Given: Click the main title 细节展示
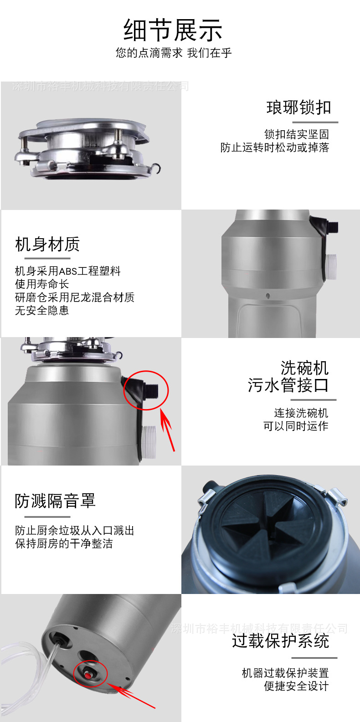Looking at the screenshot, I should pos(173,31).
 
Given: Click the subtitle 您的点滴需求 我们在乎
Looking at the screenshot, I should pos(173,53).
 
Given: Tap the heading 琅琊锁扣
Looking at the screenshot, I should pos(298,108).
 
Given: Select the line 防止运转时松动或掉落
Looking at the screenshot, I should pos(274,148).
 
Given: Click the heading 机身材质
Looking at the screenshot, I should pos(47,245).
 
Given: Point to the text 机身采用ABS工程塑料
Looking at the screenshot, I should pos(67,271).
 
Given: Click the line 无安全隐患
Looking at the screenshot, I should pos(42,311).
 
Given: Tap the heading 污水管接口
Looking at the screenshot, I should pos(288,385).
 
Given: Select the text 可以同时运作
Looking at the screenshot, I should pos(296,426).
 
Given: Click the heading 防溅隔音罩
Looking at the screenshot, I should pos(55,501).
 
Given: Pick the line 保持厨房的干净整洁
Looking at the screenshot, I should pos(64,543).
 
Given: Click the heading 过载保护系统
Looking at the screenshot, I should pos(280,641).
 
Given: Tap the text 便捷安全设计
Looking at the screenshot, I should pos(296,686).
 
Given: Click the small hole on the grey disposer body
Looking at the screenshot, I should pos(268,296).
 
